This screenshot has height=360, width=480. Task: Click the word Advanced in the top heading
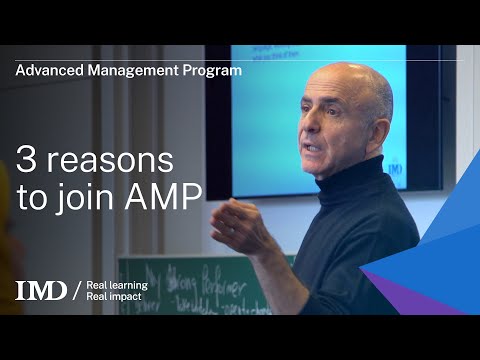pos(46,70)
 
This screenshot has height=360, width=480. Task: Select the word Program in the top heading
pos(212,70)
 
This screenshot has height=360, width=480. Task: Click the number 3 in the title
pos(24,160)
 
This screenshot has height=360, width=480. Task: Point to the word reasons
pos(104,160)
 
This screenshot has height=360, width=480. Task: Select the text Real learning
pos(118,284)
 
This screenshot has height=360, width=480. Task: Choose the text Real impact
pos(116,297)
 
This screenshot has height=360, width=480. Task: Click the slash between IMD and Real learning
pos(77,291)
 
